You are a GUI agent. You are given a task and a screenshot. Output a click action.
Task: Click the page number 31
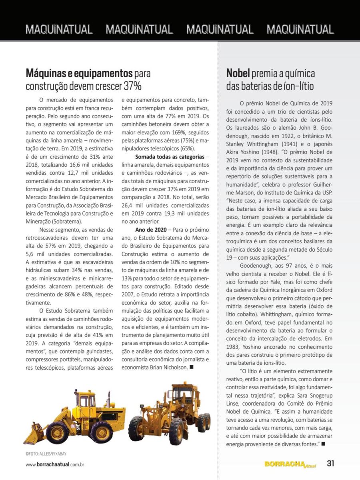[x=330, y=464]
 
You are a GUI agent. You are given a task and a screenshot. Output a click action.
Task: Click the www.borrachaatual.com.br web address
[x=55, y=464]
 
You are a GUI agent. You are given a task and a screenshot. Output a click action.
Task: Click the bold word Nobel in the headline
[x=238, y=74]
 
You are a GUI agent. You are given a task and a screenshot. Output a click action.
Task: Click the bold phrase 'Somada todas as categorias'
[x=170, y=156]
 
